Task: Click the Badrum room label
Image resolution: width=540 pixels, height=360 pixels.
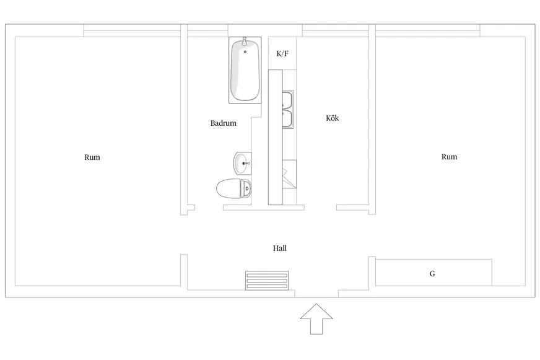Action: (223, 123)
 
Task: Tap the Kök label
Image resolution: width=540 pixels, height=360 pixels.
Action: (333, 118)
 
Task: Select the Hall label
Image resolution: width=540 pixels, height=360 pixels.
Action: (280, 248)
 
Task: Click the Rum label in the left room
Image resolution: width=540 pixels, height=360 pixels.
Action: (92, 157)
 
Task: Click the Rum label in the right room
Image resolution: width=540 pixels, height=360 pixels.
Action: (450, 157)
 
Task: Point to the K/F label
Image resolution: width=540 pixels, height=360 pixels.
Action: (282, 53)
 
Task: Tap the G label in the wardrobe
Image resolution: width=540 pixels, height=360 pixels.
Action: (432, 273)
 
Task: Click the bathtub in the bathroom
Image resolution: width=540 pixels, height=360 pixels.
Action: (245, 70)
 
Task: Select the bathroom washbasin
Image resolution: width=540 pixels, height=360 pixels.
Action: (243, 164)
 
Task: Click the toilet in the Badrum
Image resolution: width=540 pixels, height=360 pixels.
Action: (234, 188)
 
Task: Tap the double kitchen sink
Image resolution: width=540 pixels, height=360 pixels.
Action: (288, 109)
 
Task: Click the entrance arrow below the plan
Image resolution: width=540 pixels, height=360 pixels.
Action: (316, 318)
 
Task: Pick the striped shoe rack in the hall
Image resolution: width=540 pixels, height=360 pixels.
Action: (267, 281)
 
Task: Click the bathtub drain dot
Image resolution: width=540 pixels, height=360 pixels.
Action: (245, 51)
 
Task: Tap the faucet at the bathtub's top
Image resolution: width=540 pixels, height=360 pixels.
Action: (245, 42)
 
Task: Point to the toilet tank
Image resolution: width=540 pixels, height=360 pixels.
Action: (246, 189)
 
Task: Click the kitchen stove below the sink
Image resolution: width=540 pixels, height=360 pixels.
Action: (289, 174)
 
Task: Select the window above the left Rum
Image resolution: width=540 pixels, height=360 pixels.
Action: (132, 30)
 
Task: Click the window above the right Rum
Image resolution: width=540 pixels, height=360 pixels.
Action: (428, 30)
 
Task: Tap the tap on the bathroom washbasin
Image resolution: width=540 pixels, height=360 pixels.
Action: (246, 164)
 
